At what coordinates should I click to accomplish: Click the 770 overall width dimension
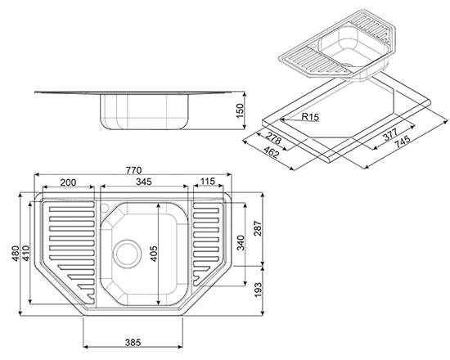[x=133, y=170]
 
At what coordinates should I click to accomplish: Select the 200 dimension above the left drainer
[x=68, y=182]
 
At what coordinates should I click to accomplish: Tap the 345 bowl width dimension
[x=143, y=182]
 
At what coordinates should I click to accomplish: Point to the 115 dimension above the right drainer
[x=208, y=181]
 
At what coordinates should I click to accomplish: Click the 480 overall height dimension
[x=16, y=253]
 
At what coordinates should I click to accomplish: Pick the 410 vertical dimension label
[x=25, y=253]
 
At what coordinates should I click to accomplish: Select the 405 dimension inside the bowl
[x=154, y=254]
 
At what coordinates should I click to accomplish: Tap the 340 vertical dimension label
[x=241, y=242]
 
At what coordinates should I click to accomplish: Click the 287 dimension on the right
[x=258, y=228]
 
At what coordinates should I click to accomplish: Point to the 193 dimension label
[x=258, y=290]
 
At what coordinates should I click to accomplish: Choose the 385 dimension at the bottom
[x=133, y=342]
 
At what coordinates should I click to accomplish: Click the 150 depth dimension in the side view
[x=240, y=110]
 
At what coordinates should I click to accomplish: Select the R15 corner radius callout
[x=310, y=117]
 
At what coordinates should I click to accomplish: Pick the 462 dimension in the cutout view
[x=271, y=152]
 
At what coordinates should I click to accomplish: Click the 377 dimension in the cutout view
[x=390, y=134]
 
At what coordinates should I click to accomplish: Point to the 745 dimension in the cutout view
[x=403, y=142]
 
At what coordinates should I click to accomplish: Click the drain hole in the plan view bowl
[x=127, y=253]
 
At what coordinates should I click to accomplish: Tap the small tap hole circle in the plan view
[x=104, y=207]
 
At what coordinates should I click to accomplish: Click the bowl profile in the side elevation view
[x=145, y=111]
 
